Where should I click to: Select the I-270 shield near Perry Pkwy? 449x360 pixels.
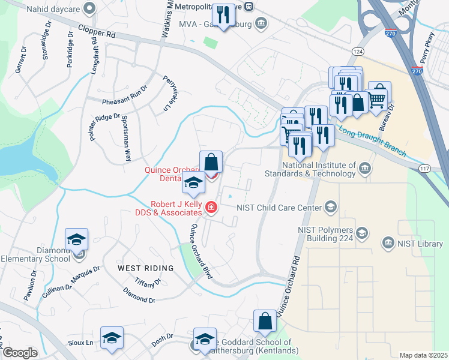tap(418, 71)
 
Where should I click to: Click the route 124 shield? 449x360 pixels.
tap(358, 52)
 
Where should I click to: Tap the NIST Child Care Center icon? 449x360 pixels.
tap(330, 208)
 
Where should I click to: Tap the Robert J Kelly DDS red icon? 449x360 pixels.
tap(211, 208)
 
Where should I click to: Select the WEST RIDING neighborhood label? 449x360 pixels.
tap(146, 267)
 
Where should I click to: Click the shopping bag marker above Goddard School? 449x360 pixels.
tap(265, 323)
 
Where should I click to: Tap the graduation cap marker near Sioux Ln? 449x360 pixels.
tap(112, 339)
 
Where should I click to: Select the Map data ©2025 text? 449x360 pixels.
tap(423, 355)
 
